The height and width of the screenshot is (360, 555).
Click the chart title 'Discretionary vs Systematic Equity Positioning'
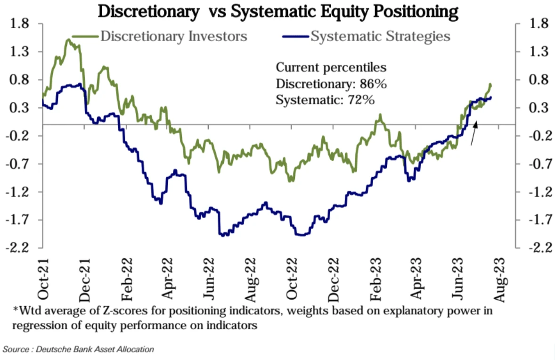pos(278,11)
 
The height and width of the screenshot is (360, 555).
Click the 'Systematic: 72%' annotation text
pos(325,100)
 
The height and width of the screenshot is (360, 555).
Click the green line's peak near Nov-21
pos(68,40)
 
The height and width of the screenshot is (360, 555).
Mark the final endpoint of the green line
pos(490,84)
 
